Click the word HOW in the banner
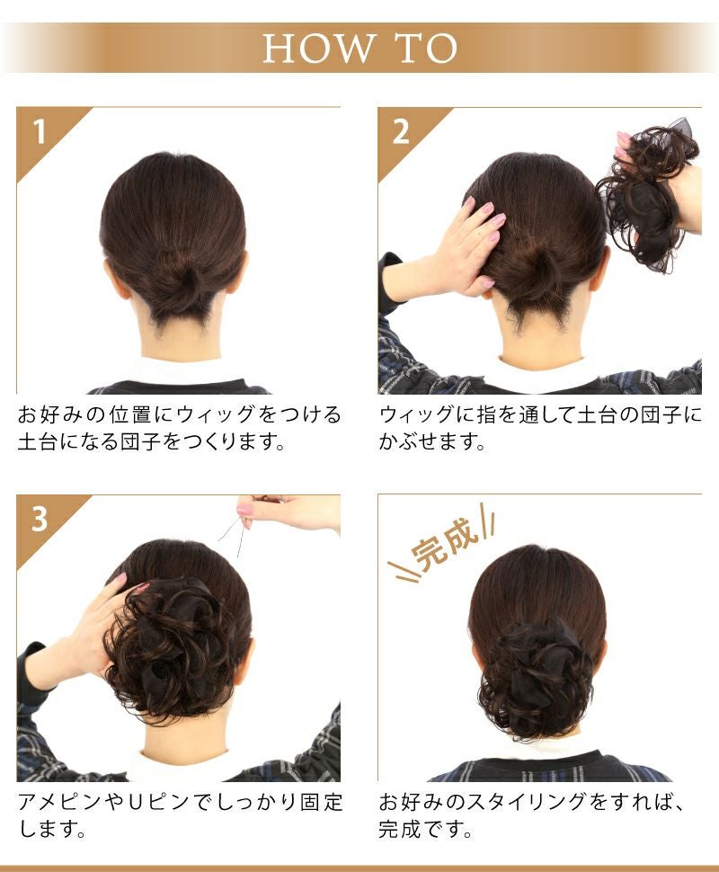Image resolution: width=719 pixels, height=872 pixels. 318,48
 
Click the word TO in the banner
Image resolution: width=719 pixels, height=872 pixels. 426,48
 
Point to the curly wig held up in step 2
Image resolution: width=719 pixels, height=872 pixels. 648,198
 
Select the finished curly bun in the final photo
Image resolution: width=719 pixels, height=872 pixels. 534,680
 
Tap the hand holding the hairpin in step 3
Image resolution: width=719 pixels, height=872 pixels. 289,511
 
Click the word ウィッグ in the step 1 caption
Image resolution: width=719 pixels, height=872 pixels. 217,414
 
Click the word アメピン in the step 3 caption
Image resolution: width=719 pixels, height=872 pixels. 59,802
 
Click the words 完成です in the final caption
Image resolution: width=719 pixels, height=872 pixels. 421,829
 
